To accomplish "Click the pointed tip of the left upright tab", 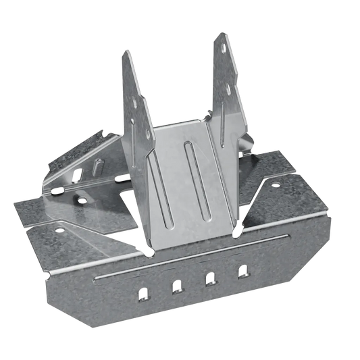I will [126, 51].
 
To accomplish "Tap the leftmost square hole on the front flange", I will [143, 294].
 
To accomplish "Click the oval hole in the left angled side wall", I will [82, 200].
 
